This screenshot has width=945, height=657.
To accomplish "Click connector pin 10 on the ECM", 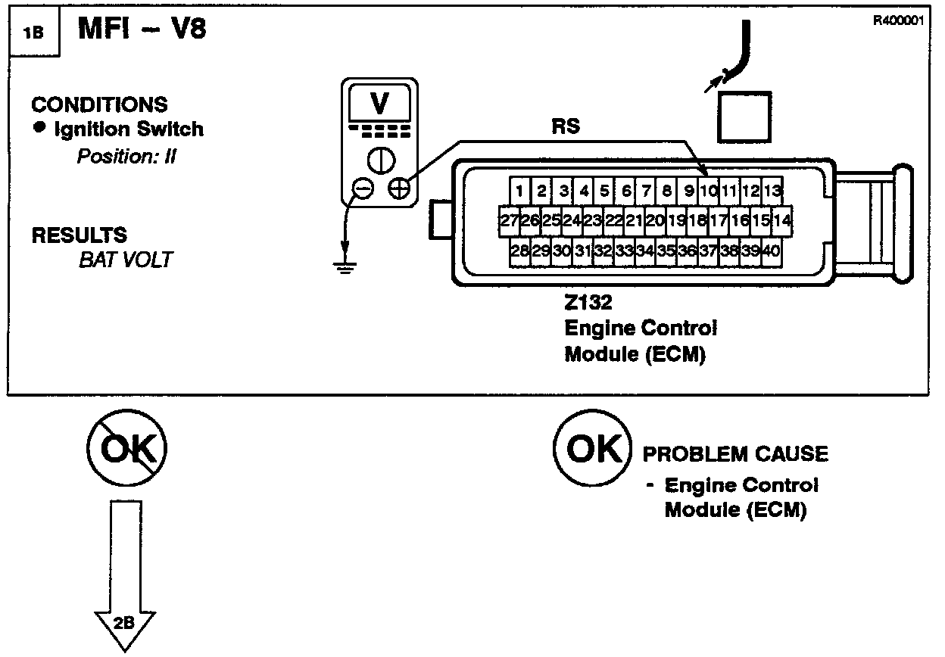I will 708,190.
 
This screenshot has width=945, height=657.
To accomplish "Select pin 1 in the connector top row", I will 519,190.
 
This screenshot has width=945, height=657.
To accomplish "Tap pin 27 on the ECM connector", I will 509,220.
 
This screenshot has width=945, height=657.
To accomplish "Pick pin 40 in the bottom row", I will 771,251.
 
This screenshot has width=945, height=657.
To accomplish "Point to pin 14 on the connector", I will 783,220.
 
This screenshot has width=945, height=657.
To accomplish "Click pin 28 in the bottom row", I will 519,251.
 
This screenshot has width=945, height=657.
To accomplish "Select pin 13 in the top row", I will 772,190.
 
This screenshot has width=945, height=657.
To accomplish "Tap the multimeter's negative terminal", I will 363,188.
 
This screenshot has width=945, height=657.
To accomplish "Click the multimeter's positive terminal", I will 398,188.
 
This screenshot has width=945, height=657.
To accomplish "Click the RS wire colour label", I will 566,126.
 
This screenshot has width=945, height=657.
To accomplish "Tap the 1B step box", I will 33,33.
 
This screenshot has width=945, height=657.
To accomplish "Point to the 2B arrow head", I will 125,625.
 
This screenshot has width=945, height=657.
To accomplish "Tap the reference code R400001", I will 899,20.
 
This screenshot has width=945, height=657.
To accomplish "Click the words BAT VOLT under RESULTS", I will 126,260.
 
